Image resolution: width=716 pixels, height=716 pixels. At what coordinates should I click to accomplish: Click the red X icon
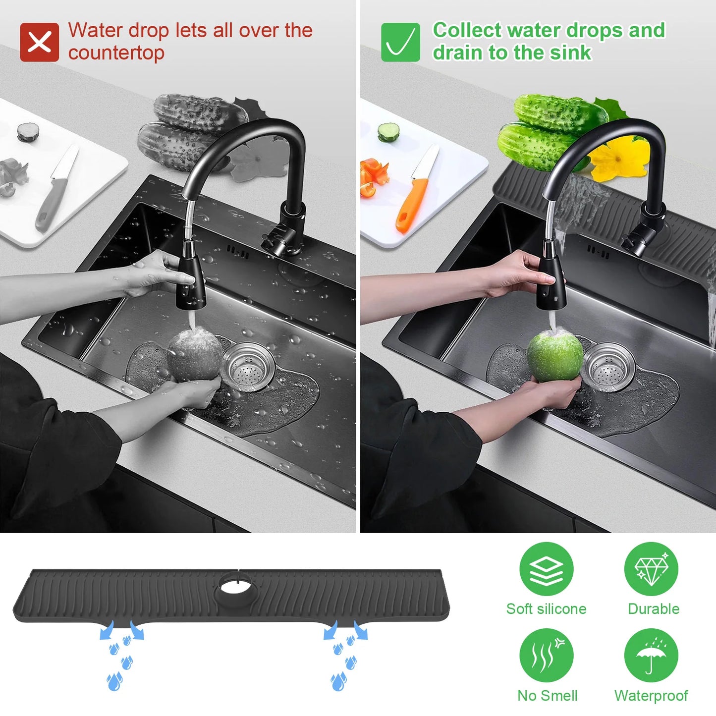tap(39, 42)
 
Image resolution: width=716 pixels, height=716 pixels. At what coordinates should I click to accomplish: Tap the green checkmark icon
tap(400, 42)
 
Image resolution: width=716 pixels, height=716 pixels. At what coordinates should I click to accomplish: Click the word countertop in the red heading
tap(116, 53)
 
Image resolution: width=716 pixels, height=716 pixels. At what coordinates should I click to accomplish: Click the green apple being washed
tap(555, 357)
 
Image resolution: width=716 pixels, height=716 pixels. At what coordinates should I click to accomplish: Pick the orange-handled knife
tap(414, 189)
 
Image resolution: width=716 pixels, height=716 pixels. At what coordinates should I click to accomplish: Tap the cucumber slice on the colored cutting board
tap(388, 132)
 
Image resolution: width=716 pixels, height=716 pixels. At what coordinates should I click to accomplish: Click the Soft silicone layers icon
tap(546, 569)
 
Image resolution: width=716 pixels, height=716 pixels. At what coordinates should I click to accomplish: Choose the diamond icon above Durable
tap(652, 569)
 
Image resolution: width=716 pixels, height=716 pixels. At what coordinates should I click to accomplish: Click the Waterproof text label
tap(651, 696)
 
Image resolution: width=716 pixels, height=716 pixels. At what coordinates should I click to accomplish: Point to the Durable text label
tap(654, 609)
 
